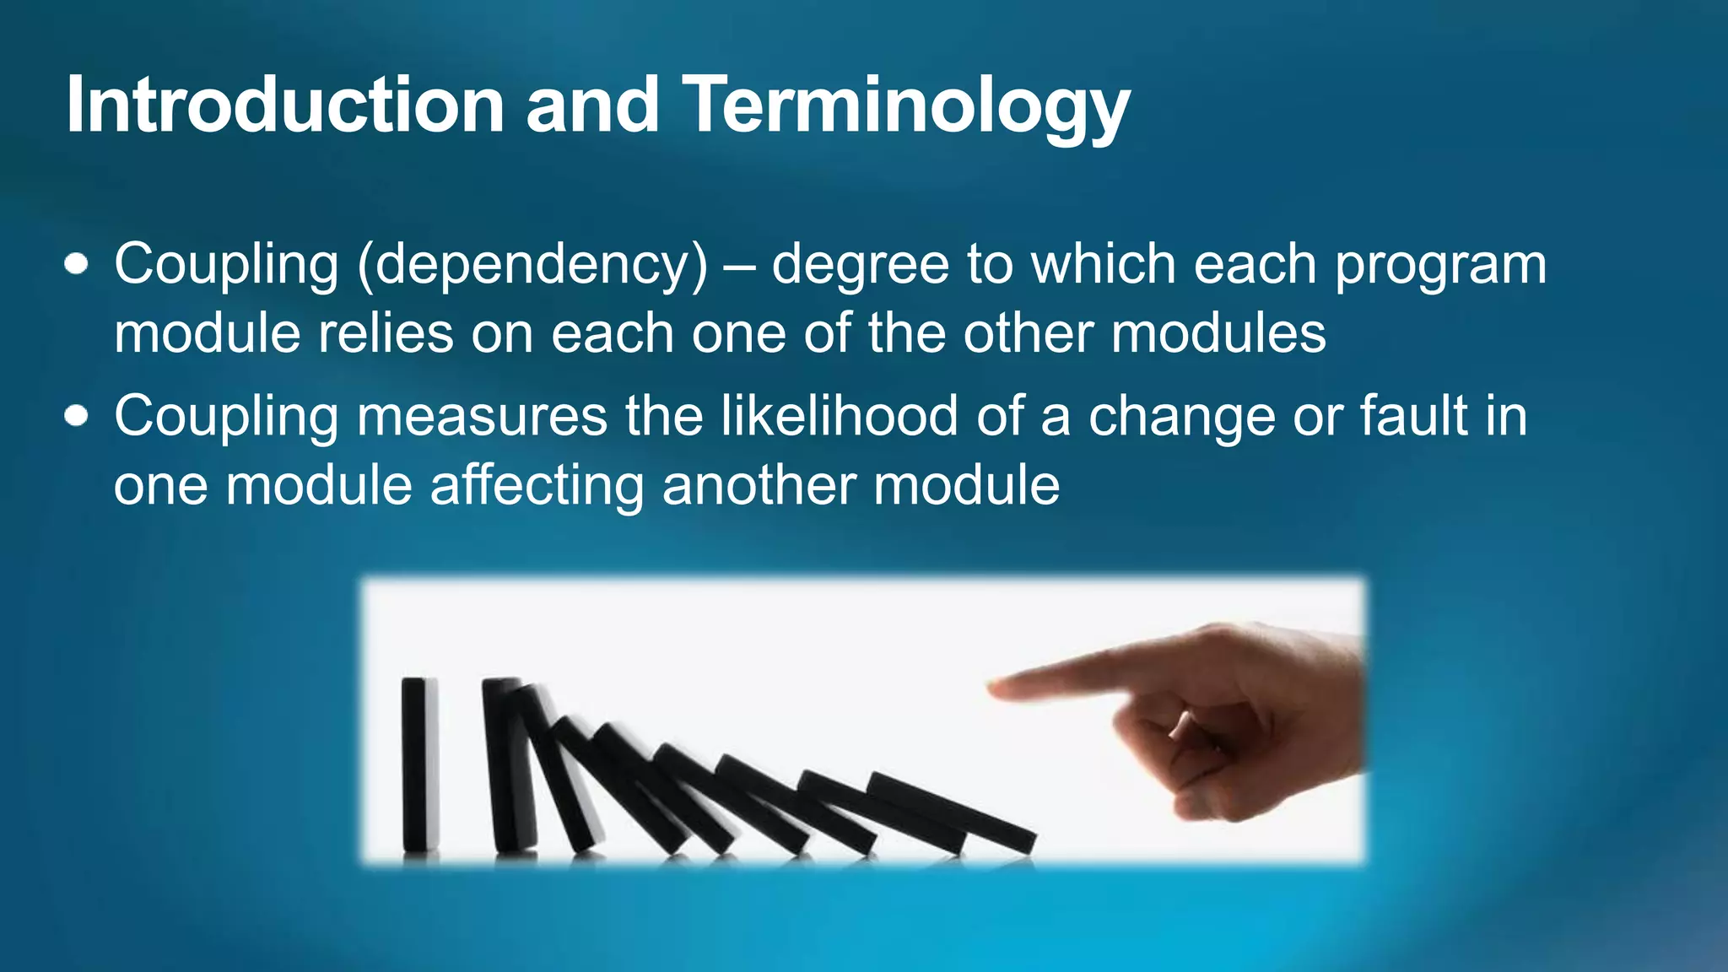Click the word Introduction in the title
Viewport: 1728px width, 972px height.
pyautogui.click(x=285, y=105)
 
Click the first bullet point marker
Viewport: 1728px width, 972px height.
pyautogui.click(x=77, y=264)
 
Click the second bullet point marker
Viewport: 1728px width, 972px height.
pyautogui.click(x=77, y=416)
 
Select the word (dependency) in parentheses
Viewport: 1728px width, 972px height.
pyautogui.click(x=533, y=266)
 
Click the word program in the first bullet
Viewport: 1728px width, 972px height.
pyautogui.click(x=1440, y=266)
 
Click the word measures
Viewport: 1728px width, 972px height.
pyautogui.click(x=482, y=416)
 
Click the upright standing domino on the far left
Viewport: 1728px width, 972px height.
pyautogui.click(x=419, y=764)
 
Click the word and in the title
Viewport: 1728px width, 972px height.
pyautogui.click(x=592, y=105)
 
